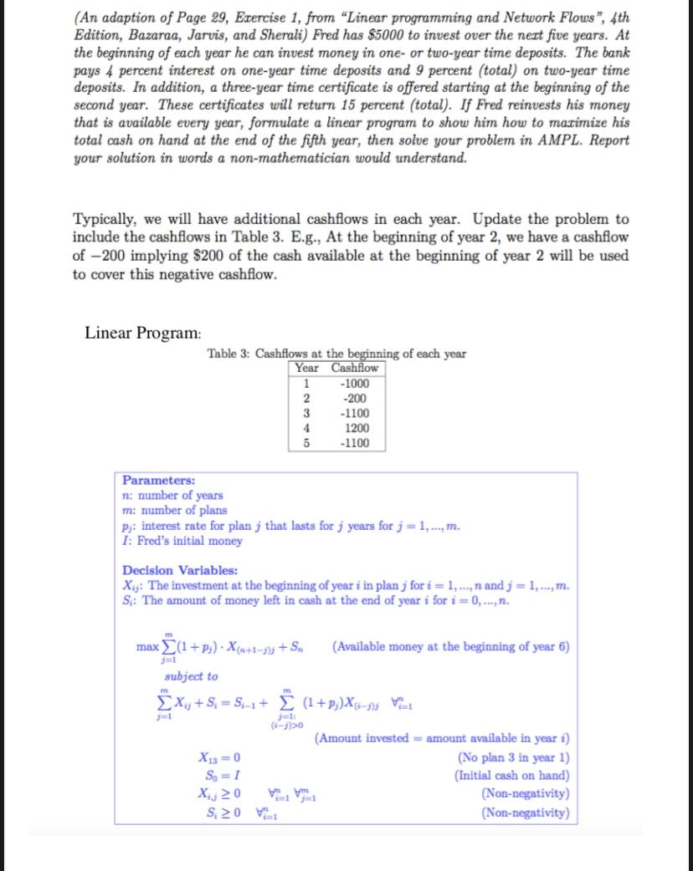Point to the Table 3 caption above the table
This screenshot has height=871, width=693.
pos(336,354)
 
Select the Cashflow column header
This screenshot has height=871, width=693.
pos(355,369)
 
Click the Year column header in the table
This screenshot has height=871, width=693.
pos(307,369)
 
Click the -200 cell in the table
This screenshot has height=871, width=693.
pos(356,398)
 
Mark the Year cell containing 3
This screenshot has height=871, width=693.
pos(305,413)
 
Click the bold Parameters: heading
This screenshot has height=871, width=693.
pos(159,481)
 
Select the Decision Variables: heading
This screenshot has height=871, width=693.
pos(180,571)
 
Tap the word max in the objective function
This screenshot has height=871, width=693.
pos(147,648)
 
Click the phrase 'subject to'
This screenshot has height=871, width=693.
pos(191,676)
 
